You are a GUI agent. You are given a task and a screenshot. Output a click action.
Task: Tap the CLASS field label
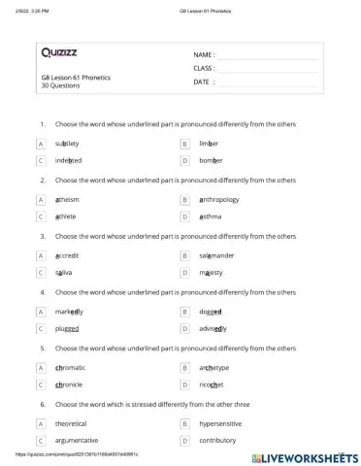point(204,69)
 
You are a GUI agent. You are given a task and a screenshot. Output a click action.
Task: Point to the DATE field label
point(203,83)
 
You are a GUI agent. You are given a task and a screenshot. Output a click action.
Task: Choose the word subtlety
point(68,143)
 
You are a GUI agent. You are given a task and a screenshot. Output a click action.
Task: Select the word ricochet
point(212,384)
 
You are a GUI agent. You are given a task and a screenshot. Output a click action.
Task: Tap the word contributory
point(217,440)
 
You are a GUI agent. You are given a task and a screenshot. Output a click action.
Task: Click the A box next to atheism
point(41,199)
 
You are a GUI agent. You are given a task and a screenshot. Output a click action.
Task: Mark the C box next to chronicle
point(41,384)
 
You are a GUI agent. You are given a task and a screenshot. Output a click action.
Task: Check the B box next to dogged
point(184,312)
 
